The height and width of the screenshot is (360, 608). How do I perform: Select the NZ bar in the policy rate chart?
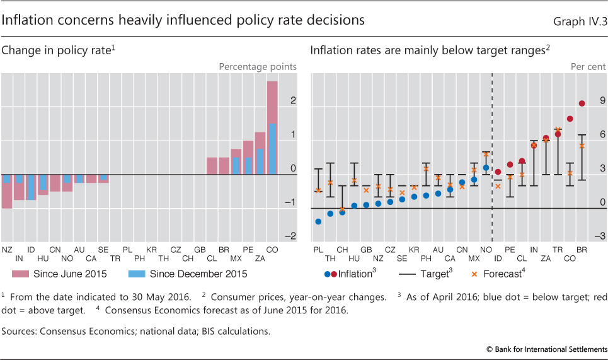coord(7,191)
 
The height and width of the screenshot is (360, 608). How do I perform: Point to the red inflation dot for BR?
coord(582,103)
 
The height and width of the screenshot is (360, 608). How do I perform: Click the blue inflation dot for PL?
coord(318,221)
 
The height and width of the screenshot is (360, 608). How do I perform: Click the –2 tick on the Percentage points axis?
coord(292,236)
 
